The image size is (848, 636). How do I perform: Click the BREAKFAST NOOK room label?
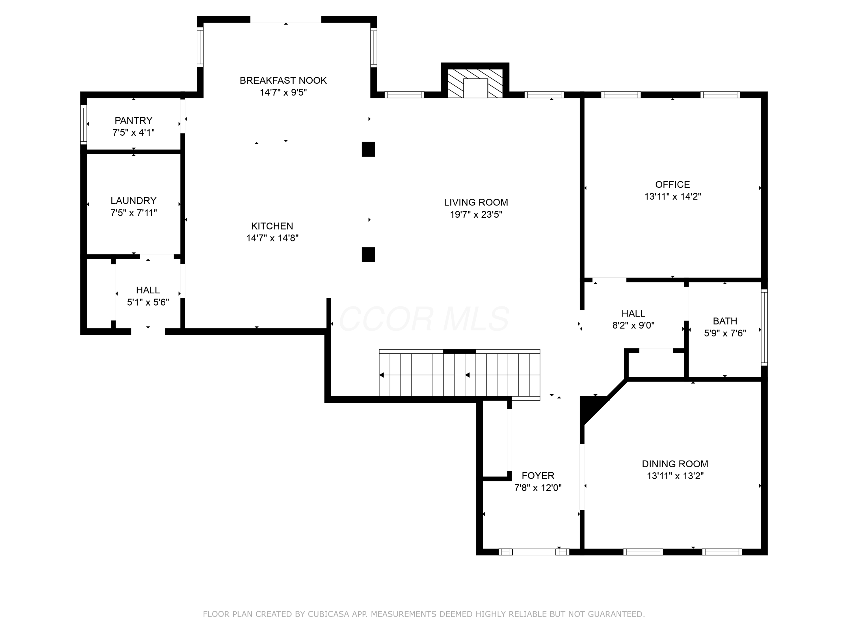tap(283, 81)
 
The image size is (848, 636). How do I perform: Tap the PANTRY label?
tap(133, 120)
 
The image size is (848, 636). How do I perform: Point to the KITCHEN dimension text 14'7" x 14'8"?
tap(272, 238)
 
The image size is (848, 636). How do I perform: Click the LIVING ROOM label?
tap(476, 202)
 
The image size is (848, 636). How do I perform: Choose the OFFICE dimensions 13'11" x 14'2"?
tap(672, 196)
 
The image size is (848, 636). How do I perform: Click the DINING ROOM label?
tap(675, 464)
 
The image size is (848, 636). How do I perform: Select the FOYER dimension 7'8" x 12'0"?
tap(538, 488)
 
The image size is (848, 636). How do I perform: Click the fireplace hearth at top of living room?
tap(475, 84)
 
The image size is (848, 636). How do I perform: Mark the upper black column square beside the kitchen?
tap(368, 149)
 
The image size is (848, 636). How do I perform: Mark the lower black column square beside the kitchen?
tap(368, 255)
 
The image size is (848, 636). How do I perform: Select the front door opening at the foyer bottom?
tap(534, 552)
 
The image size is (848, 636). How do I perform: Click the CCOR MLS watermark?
tap(424, 319)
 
